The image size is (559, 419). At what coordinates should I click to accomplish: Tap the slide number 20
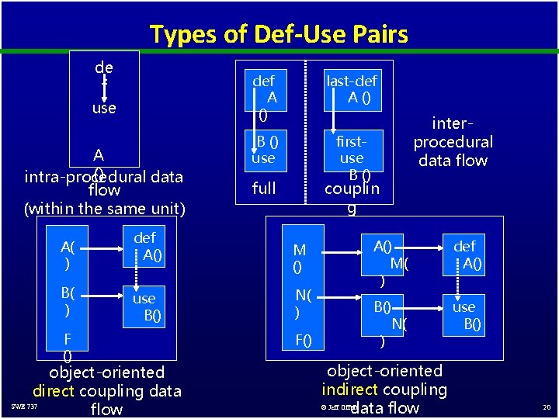click(546, 407)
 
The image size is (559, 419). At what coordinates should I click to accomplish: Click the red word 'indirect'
click(350, 390)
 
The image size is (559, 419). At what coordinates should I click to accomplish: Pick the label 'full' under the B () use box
click(264, 188)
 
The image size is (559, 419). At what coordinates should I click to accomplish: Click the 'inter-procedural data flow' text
click(453, 141)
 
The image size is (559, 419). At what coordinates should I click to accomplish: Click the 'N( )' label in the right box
click(303, 303)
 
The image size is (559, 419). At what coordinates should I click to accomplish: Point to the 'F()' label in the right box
click(303, 339)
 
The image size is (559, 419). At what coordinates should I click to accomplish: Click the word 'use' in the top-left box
click(104, 108)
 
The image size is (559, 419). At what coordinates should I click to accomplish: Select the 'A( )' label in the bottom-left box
click(68, 255)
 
